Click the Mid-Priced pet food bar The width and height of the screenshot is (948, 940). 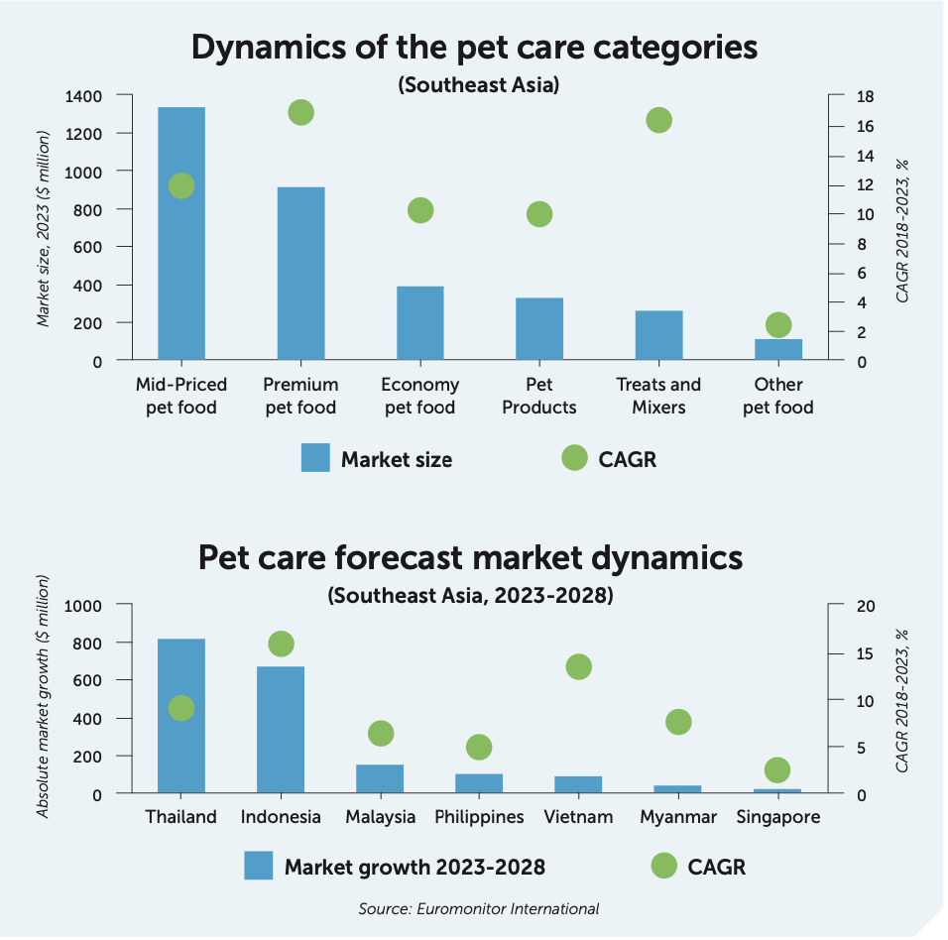click(x=181, y=234)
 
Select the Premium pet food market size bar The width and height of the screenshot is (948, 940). click(x=300, y=274)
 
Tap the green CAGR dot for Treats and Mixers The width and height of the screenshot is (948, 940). click(x=659, y=120)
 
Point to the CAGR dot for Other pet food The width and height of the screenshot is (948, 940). click(x=778, y=325)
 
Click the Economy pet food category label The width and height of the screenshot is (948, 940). click(x=419, y=396)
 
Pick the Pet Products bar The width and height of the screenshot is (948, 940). click(x=539, y=329)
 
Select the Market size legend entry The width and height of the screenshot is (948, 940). click(x=377, y=459)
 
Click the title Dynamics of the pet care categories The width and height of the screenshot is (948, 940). click(x=473, y=48)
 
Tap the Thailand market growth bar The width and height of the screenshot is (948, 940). click(x=181, y=716)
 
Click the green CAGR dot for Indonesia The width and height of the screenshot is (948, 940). click(x=281, y=644)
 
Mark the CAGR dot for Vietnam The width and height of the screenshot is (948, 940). click(x=578, y=666)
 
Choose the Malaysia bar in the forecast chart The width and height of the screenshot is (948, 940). click(x=380, y=778)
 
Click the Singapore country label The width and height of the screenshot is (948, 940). click(x=778, y=818)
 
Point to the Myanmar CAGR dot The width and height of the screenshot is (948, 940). click(x=678, y=722)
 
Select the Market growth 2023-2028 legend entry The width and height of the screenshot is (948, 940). click(x=395, y=867)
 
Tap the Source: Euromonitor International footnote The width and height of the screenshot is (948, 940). click(x=479, y=908)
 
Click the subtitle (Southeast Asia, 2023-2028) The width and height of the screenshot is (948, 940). click(x=471, y=596)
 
